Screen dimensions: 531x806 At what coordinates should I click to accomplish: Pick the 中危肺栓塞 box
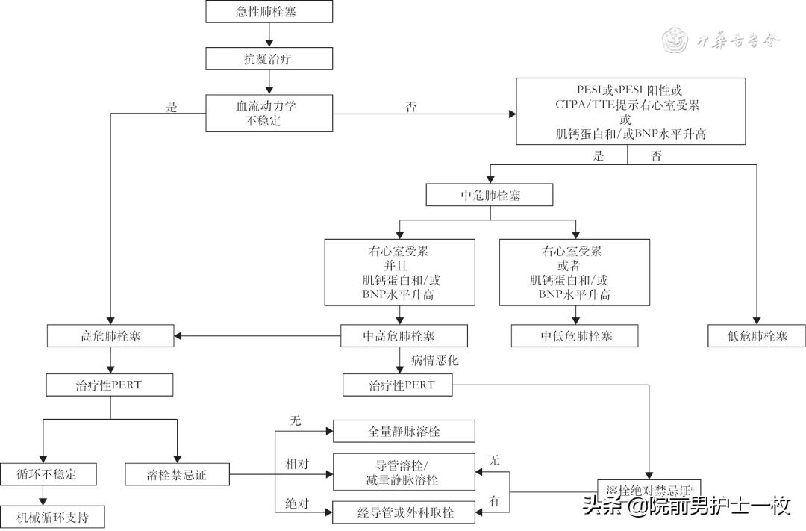point(490,195)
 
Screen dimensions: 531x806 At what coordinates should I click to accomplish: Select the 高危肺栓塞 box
point(110,336)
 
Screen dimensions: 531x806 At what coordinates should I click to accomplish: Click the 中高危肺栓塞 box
point(404,336)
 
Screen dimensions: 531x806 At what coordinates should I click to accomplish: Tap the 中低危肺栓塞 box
point(575,336)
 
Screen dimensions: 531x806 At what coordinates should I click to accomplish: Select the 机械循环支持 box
point(51,517)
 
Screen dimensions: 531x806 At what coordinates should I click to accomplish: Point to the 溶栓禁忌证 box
point(177,473)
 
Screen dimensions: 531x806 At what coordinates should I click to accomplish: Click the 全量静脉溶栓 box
point(404,431)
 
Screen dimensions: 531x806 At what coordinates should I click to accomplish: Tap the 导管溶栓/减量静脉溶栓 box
point(404,472)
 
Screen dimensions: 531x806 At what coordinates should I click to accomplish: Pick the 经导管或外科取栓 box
point(404,512)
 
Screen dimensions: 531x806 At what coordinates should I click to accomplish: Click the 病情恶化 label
point(434,360)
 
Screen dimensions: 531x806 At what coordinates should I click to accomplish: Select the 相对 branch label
point(297,464)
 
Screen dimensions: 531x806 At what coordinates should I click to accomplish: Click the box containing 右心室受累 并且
point(400,273)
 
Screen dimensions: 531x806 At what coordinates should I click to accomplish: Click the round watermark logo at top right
point(676,40)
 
